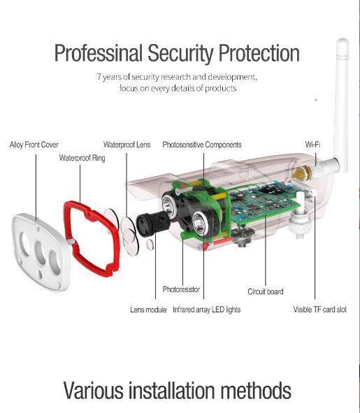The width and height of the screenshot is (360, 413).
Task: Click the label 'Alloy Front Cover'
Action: pyautogui.click(x=34, y=145)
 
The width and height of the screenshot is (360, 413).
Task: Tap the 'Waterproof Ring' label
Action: pyautogui.click(x=82, y=158)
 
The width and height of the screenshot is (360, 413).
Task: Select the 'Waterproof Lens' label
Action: pyautogui.click(x=127, y=145)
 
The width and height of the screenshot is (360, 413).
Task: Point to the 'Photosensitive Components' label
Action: pyautogui.click(x=202, y=145)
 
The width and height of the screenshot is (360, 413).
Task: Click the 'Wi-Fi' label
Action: pyautogui.click(x=312, y=145)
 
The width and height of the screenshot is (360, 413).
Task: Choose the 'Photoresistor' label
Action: pyautogui.click(x=181, y=289)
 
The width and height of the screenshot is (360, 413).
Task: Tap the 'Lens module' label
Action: pyautogui.click(x=148, y=310)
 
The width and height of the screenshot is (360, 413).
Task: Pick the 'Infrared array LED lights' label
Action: pyautogui.click(x=207, y=310)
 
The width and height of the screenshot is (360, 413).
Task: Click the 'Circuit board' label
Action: pyautogui.click(x=266, y=291)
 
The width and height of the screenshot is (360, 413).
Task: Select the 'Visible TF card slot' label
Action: pyautogui.click(x=320, y=309)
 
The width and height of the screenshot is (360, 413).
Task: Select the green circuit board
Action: pyautogui.click(x=264, y=203)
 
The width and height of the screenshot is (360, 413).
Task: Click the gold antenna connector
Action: pyautogui.click(x=301, y=173)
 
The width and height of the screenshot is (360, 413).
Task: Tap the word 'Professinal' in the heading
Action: pyautogui.click(x=99, y=54)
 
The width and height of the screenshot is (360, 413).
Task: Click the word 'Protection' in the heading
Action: pyautogui.click(x=259, y=54)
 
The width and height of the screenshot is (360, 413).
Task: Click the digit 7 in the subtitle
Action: pyautogui.click(x=99, y=77)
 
